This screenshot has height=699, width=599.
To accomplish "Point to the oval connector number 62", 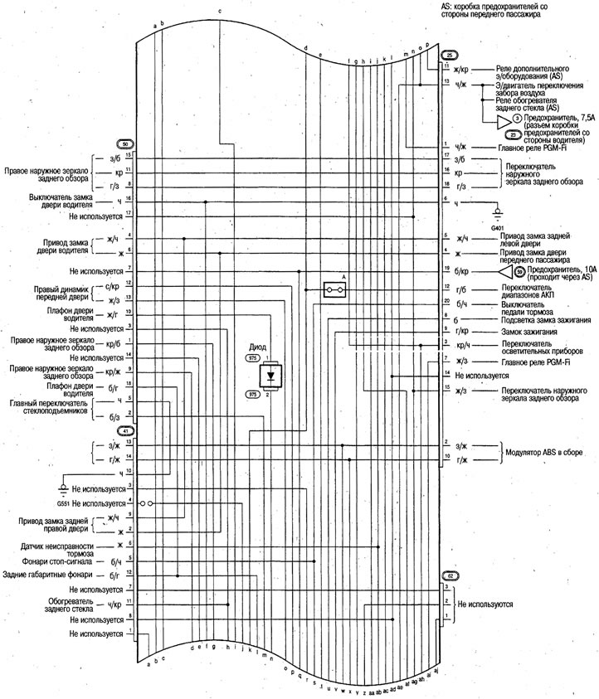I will (x=450, y=575).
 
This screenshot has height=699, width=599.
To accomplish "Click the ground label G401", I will (x=498, y=226).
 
